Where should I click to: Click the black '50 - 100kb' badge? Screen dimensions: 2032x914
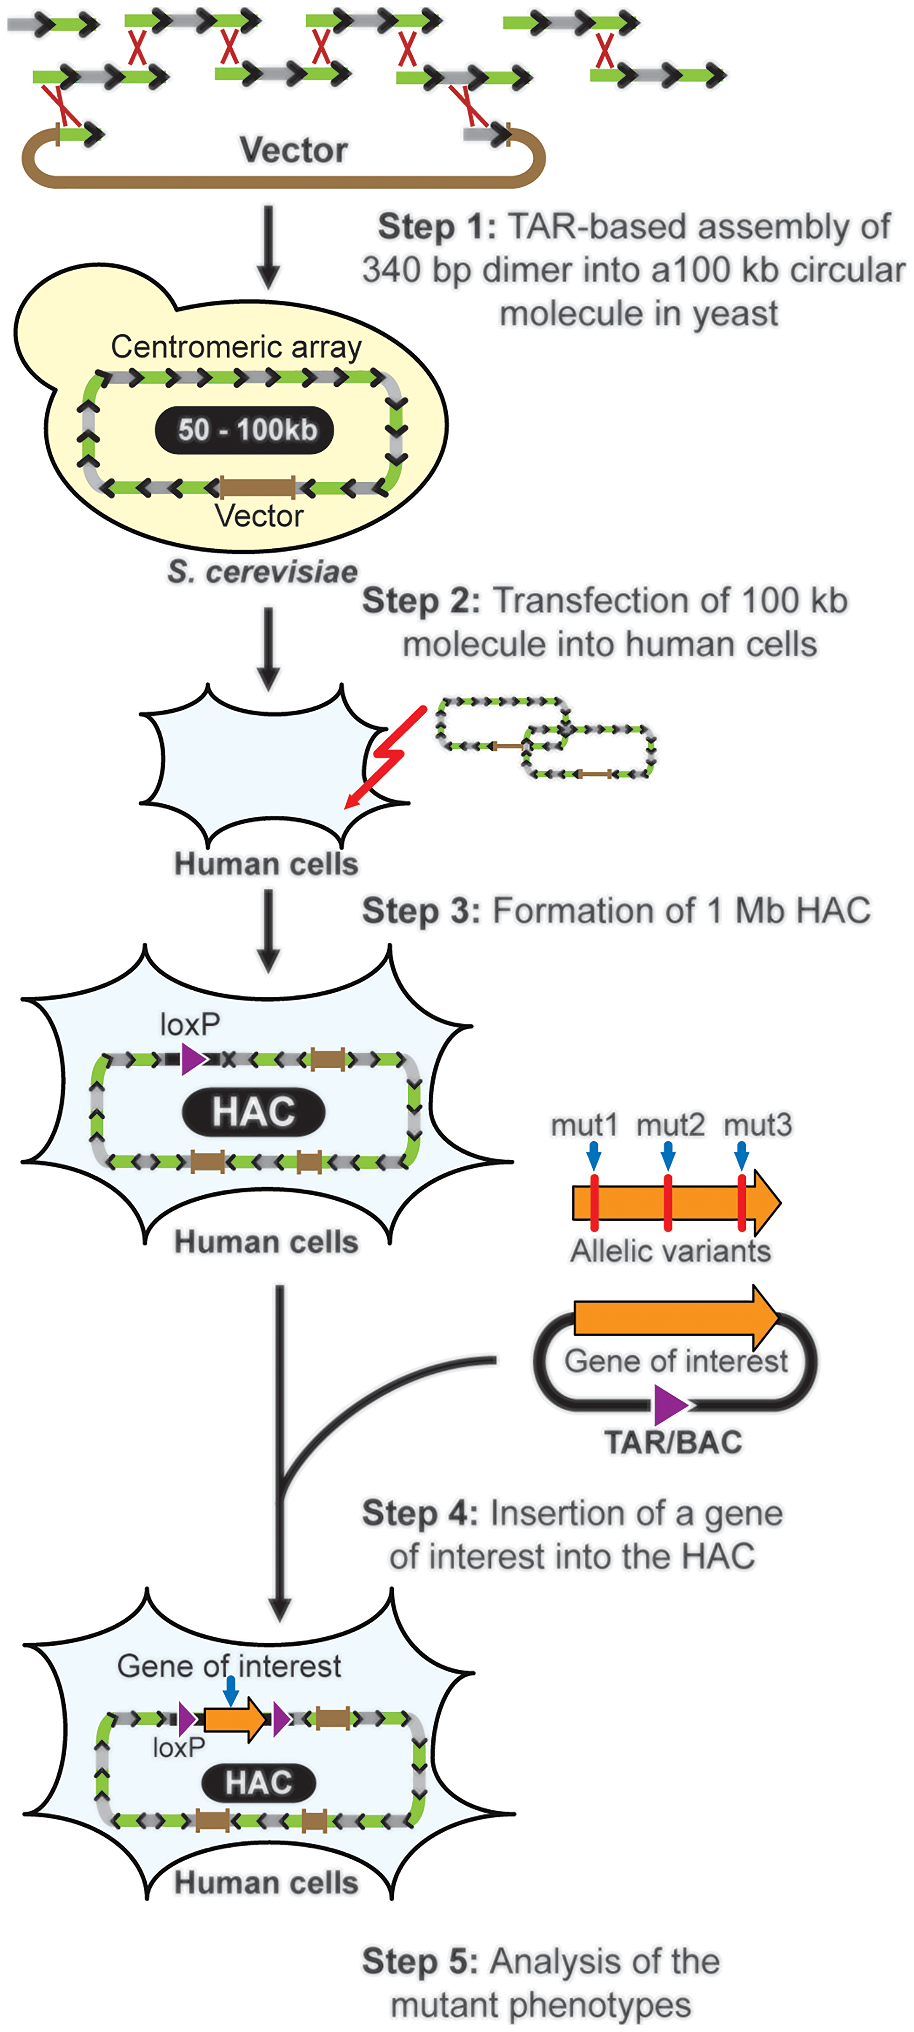point(244,430)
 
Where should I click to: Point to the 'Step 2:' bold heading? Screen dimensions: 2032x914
point(420,601)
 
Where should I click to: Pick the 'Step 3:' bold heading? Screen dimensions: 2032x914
point(420,911)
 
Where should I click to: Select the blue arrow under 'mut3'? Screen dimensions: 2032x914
point(741,1156)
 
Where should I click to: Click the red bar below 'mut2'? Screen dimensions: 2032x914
point(668,1204)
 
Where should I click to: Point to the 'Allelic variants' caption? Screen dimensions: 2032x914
point(670,1251)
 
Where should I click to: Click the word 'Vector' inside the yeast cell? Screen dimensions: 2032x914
point(259,516)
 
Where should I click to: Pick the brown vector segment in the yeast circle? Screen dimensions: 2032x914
point(258,487)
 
